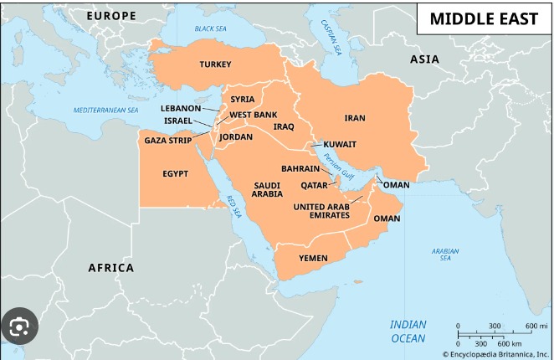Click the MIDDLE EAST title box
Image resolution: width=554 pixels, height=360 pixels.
tap(484, 19)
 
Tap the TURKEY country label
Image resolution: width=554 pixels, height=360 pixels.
tap(215, 64)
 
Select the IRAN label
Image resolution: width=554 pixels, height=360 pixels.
tap(355, 119)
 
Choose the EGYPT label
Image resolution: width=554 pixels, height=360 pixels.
tap(175, 174)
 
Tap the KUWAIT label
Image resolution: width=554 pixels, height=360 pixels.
tap(340, 144)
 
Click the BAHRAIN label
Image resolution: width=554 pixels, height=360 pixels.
tap(300, 168)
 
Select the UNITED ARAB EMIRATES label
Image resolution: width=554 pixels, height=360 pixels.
tap(321, 210)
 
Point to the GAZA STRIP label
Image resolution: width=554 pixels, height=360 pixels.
tap(168, 140)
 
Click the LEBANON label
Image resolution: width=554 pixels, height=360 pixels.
tap(181, 108)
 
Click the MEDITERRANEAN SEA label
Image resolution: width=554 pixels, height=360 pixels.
tap(105, 110)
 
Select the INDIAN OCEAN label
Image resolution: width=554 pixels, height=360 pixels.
tap(408, 331)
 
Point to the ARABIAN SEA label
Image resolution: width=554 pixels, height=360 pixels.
tap(445, 254)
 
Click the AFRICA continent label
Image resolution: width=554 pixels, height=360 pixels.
tap(111, 268)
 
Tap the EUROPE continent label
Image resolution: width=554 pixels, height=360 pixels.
tap(110, 16)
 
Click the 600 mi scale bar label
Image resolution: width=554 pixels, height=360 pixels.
tap(536, 325)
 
